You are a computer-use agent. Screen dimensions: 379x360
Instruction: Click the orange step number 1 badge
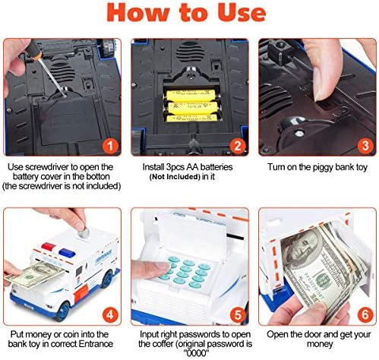110,146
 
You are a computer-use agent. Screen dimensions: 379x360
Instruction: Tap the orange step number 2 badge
238,146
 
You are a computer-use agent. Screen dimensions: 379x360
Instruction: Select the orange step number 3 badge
365,146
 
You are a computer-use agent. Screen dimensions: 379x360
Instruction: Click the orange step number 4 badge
110,315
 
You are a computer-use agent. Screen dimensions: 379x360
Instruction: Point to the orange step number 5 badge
238,315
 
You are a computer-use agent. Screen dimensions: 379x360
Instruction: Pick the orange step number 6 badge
365,315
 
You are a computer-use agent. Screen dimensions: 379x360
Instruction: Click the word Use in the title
242,13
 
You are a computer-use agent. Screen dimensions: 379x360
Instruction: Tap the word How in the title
138,13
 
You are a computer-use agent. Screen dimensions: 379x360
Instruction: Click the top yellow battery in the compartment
191,96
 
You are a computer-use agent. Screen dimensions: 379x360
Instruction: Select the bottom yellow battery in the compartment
191,118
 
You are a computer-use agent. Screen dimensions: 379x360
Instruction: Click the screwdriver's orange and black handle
33,49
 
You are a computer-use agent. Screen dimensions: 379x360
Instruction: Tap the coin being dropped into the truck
84,232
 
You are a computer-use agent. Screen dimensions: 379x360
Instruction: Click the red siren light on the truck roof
49,246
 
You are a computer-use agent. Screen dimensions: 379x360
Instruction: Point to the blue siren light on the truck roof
67,252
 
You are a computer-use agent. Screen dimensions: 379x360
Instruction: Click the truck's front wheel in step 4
62,311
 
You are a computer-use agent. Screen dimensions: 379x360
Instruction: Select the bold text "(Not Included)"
175,177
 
